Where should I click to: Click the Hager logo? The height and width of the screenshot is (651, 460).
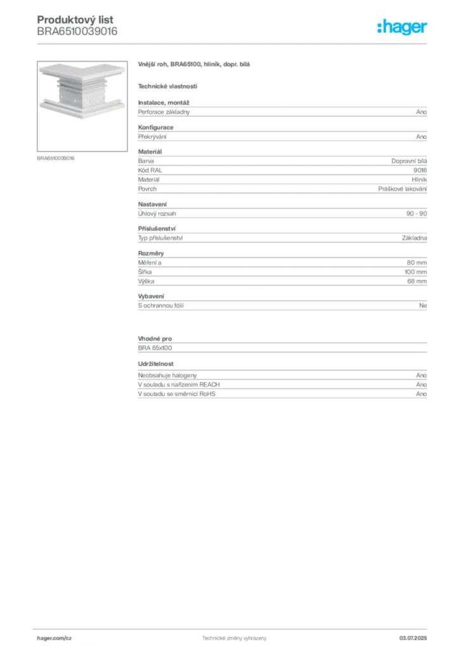tap(402, 27)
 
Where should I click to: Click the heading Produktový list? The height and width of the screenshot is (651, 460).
tap(75, 20)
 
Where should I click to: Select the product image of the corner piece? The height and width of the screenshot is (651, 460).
tap(82, 106)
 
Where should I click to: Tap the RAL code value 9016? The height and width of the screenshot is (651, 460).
tap(420, 170)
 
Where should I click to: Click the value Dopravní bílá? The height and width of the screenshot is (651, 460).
tap(409, 161)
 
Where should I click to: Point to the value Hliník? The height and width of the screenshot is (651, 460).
tap(419, 179)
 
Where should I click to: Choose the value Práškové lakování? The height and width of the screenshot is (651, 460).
tap(402, 189)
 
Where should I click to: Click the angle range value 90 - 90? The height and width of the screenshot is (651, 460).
tap(416, 214)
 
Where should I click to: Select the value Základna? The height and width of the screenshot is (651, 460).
tap(414, 238)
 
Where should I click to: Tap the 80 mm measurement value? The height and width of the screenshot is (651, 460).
tap(416, 263)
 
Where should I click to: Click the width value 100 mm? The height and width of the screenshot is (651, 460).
tap(416, 272)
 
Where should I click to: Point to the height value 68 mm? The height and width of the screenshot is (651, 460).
tap(417, 281)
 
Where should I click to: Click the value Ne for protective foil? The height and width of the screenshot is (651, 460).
tap(423, 306)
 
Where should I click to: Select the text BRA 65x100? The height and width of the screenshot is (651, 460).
tap(155, 348)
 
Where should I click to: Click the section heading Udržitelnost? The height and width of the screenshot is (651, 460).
tap(156, 364)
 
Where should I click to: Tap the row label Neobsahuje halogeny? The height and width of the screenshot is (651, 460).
tap(167, 375)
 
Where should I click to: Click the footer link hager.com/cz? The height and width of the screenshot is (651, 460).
tap(55, 638)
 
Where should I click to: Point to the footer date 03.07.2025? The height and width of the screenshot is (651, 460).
tap(413, 638)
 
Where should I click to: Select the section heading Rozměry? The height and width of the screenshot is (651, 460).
tap(151, 253)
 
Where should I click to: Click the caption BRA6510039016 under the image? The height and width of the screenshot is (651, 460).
tap(55, 158)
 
